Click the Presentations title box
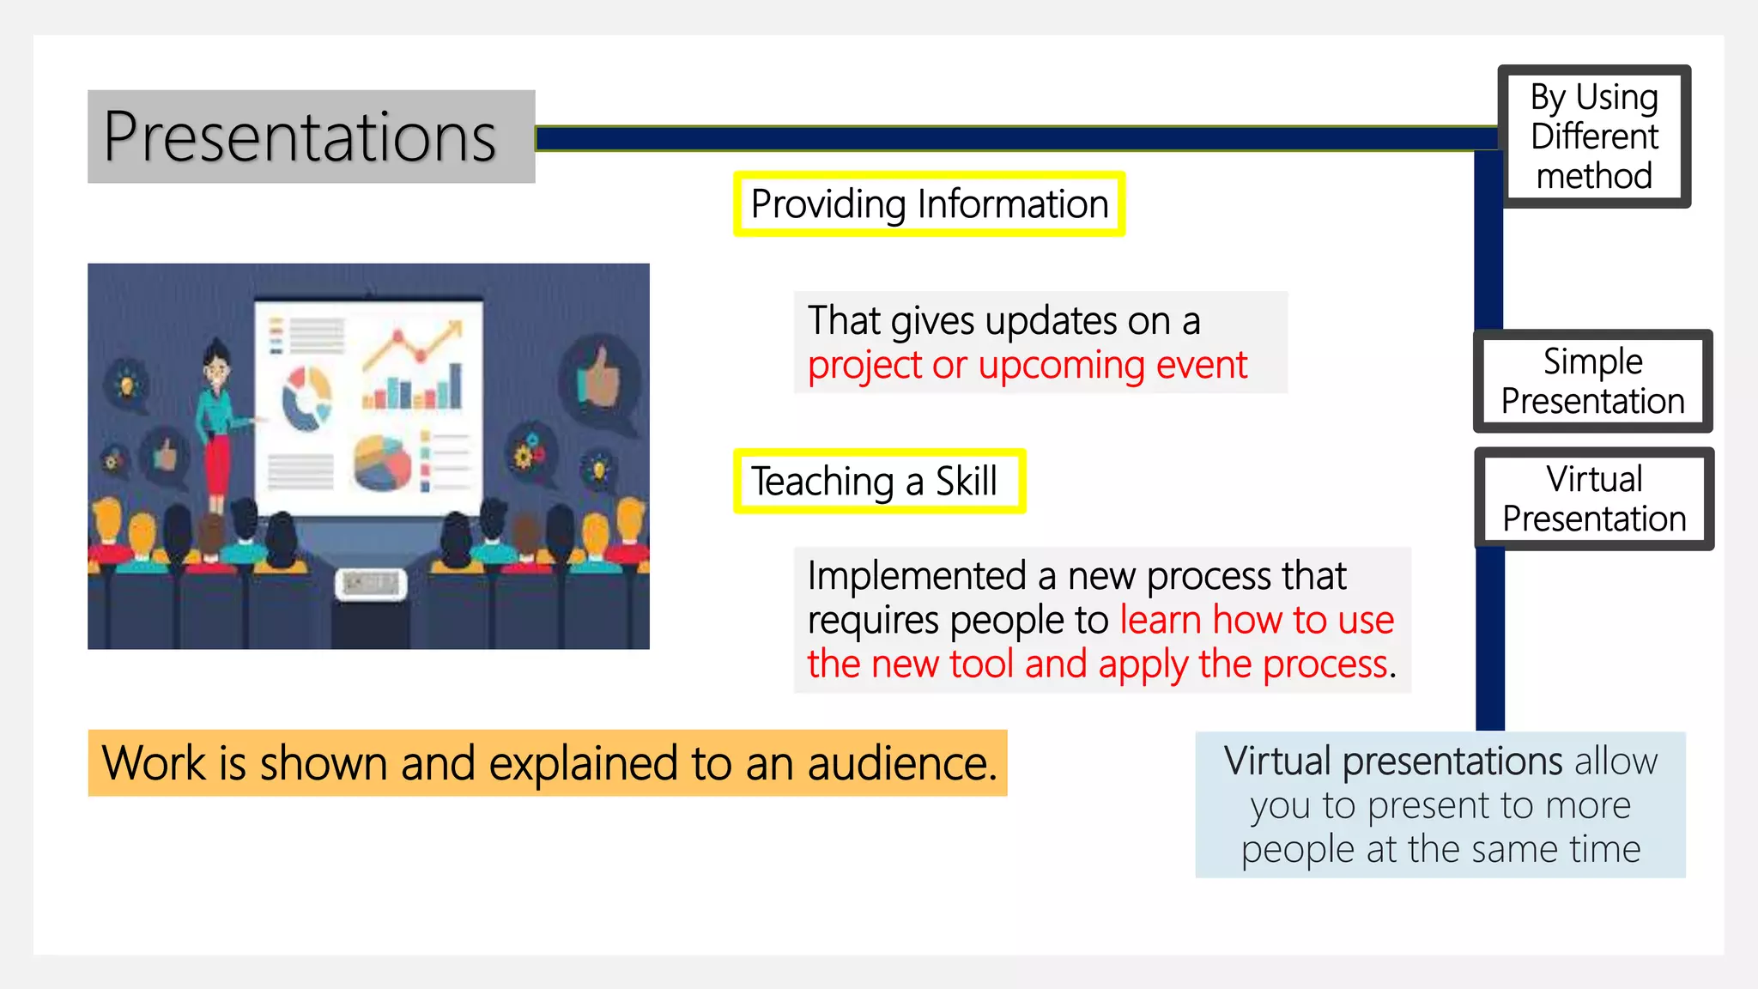point(311,137)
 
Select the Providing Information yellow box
point(929,204)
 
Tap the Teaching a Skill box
point(879,481)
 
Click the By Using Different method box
point(1594,137)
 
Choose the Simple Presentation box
point(1592,381)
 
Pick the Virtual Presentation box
point(1594,499)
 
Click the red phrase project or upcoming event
point(1027,366)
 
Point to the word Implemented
point(916,575)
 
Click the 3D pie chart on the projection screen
point(383,463)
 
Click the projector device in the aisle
point(371,585)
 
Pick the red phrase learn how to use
point(1257,620)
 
